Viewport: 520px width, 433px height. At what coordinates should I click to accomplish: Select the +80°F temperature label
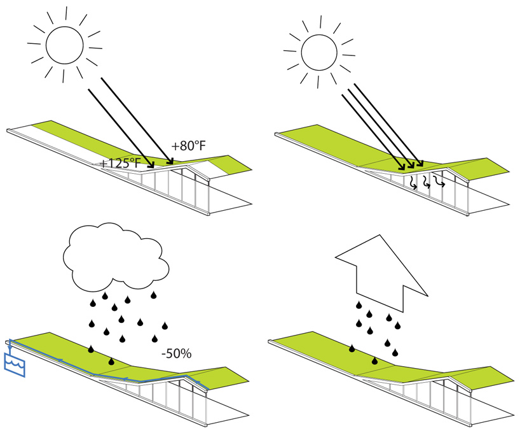click(189, 143)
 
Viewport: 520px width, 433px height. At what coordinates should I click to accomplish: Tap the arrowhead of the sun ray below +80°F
click(170, 159)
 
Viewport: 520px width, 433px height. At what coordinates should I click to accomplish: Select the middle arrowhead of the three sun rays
click(411, 167)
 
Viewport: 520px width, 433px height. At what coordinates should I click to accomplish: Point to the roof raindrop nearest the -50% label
click(111, 361)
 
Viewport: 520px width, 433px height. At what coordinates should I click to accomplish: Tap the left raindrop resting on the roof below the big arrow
click(352, 349)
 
